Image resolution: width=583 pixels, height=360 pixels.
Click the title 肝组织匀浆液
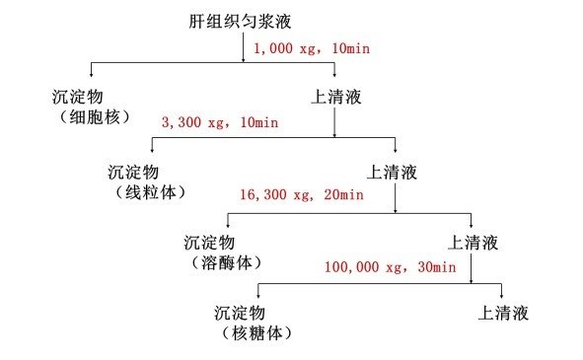(x=239, y=21)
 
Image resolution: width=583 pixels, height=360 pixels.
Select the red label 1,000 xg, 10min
(x=312, y=47)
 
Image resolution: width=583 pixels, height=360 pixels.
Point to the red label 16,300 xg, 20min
(x=301, y=195)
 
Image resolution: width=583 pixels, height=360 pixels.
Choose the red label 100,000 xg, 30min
(x=390, y=267)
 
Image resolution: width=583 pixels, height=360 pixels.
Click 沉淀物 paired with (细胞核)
(x=78, y=98)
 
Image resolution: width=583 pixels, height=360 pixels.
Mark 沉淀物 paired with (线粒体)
(x=134, y=171)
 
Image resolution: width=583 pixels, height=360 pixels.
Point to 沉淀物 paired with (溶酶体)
(x=211, y=242)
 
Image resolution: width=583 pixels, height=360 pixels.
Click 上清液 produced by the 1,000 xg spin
(x=335, y=98)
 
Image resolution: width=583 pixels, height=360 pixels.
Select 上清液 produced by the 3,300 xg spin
(x=393, y=172)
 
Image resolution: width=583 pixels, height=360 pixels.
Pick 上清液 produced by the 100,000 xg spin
(x=503, y=314)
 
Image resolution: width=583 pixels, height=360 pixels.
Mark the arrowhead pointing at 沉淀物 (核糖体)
(x=257, y=295)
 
